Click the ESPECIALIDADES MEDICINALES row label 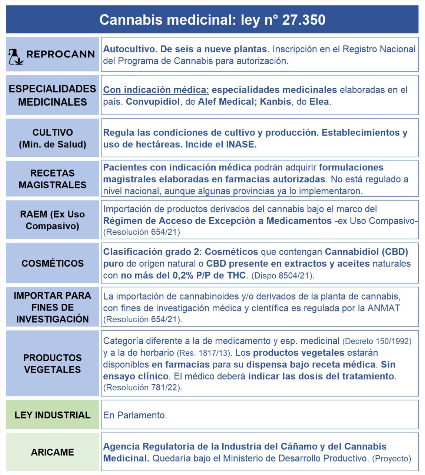pyautogui.click(x=52, y=95)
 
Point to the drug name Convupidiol pyautogui.click(x=153, y=102)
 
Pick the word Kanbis pyautogui.click(x=275, y=102)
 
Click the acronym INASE pyautogui.click(x=240, y=144)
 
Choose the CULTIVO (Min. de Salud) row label pyautogui.click(x=52, y=138)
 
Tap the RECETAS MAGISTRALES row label pyautogui.click(x=52, y=179)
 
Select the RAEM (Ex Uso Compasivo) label pyautogui.click(x=52, y=220)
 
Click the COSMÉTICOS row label pyautogui.click(x=52, y=263)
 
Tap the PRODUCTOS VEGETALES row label pyautogui.click(x=52, y=364)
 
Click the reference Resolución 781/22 pyautogui.click(x=142, y=388)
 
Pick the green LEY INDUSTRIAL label pyautogui.click(x=52, y=415)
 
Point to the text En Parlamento pyautogui.click(x=135, y=415)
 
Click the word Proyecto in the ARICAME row pyautogui.click(x=391, y=459)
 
